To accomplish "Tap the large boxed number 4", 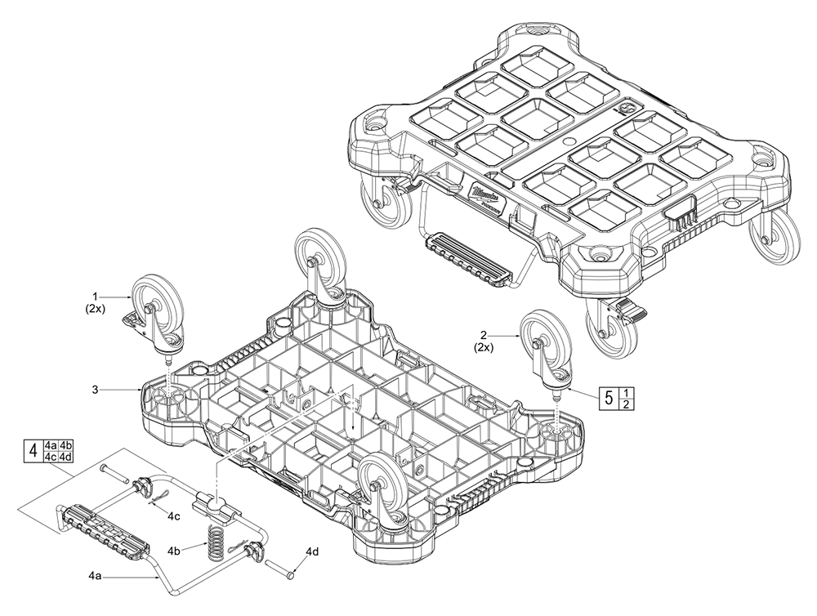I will point(33,450).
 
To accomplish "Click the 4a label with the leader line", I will point(94,576).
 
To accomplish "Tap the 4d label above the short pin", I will point(314,552).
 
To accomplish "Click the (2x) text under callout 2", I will point(485,349).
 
